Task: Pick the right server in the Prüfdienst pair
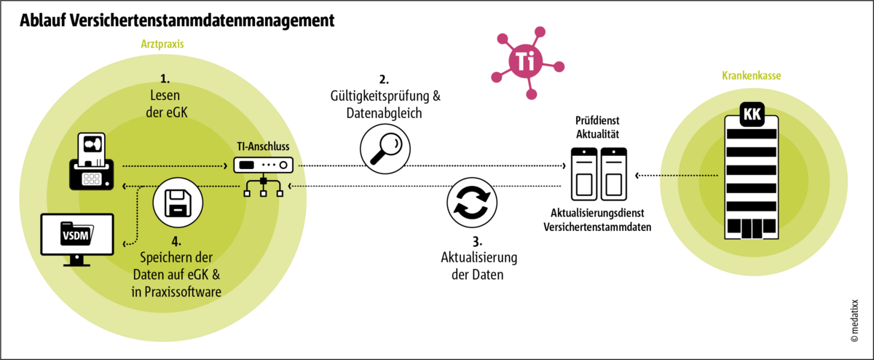pyautogui.click(x=613, y=173)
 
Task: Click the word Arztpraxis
pyautogui.click(x=161, y=44)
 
